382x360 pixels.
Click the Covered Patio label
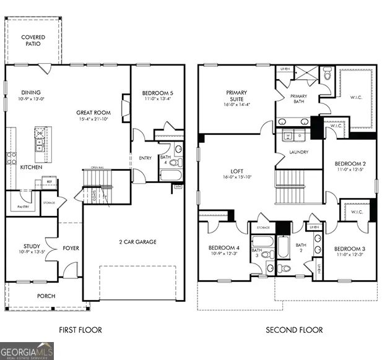(x=33, y=41)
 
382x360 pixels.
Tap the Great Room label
(x=93, y=113)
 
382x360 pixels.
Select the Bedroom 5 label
(x=157, y=93)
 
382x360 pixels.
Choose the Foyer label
(x=71, y=249)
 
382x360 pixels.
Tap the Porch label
(x=46, y=296)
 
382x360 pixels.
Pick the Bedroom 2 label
(x=350, y=164)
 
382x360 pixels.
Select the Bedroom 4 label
(x=224, y=247)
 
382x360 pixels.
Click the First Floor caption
(x=80, y=330)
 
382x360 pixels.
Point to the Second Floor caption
(x=294, y=330)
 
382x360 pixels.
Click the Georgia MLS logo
(x=27, y=351)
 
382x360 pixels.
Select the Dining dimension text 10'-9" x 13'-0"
(x=32, y=99)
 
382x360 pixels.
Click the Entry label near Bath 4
(x=145, y=158)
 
